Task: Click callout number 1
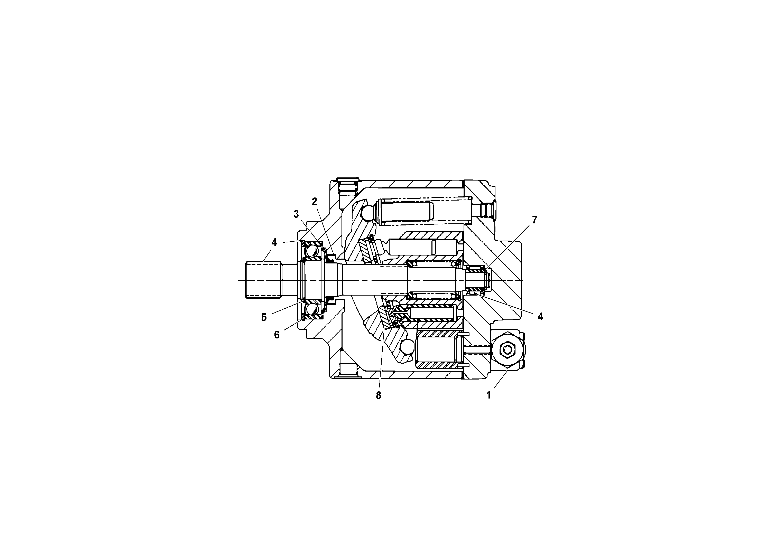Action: point(489,395)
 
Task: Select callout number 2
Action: point(314,201)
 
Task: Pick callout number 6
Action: point(276,335)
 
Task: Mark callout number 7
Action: point(534,220)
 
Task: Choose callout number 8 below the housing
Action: point(378,395)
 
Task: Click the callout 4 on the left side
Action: point(274,242)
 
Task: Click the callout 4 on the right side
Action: point(540,317)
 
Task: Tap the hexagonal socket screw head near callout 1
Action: point(507,349)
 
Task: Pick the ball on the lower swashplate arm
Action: point(407,347)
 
